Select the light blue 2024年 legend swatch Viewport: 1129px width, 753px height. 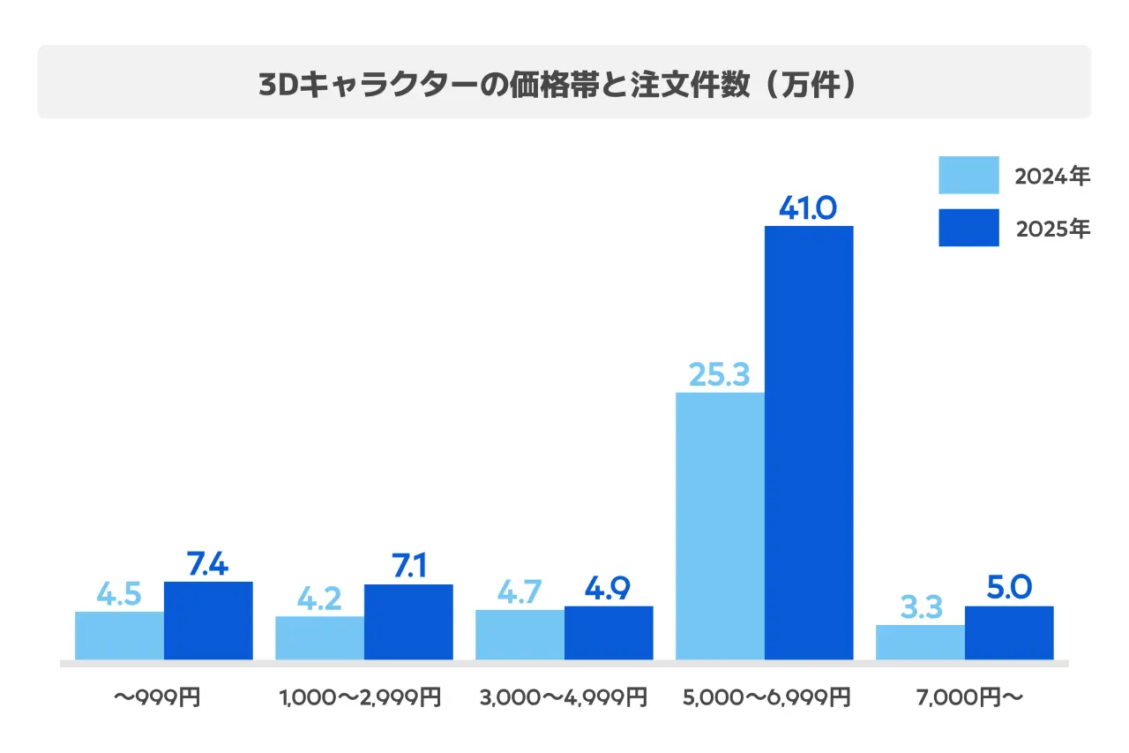968,176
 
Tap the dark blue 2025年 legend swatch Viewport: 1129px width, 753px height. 968,228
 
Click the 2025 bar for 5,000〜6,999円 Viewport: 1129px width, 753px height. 809,441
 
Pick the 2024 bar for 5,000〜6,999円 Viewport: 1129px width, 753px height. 720,525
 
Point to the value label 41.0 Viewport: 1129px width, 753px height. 808,207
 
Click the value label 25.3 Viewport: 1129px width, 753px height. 719,374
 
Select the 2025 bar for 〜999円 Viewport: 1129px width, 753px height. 208,620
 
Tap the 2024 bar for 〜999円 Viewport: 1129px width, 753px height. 119,635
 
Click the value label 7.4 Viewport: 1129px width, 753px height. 207,564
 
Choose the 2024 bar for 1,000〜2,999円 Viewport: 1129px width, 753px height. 319,637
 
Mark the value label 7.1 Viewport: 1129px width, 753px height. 407,567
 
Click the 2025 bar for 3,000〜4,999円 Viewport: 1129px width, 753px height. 609,632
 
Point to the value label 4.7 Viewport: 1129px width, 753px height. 519,591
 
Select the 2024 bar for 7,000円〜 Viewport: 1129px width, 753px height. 920,642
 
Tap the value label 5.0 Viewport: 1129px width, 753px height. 1009,588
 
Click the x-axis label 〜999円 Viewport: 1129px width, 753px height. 158,698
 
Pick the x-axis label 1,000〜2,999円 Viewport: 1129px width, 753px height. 360,698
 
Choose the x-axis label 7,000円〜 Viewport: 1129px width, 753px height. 968,698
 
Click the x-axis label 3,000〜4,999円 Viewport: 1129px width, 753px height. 564,698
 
